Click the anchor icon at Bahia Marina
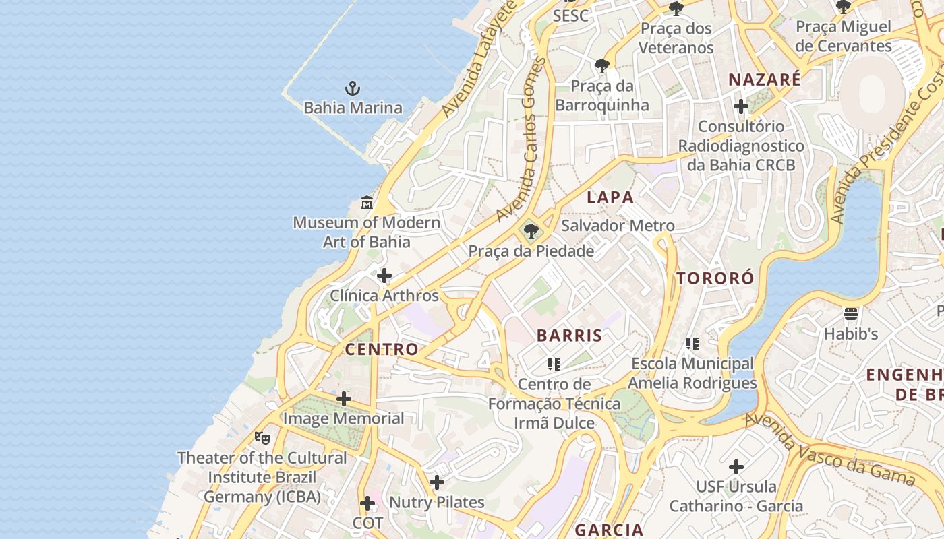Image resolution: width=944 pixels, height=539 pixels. [353, 88]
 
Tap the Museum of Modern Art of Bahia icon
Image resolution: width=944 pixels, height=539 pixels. [367, 202]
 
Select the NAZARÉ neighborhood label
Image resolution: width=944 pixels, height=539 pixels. [765, 80]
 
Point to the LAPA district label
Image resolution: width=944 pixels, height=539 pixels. [610, 197]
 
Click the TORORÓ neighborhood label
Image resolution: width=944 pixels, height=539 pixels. [715, 278]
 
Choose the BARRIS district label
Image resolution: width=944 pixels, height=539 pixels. [570, 336]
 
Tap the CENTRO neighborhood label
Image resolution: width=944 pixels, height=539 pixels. [382, 349]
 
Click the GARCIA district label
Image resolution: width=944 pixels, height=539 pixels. [609, 530]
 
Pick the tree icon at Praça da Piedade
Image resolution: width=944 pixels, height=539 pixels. [531, 232]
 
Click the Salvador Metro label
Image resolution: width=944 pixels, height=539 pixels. [618, 226]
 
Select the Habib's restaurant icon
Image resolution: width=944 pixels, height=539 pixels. [851, 313]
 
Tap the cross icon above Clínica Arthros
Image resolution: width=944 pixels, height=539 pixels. [384, 276]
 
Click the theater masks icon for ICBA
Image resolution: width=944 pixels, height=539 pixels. [262, 437]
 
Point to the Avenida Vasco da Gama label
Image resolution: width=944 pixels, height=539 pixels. [829, 450]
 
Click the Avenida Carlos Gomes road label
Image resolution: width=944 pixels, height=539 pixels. [521, 139]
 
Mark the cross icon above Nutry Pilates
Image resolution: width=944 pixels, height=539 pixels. [437, 482]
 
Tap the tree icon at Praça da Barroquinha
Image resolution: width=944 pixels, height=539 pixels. [602, 66]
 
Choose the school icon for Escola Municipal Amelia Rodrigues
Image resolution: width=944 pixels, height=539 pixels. [692, 344]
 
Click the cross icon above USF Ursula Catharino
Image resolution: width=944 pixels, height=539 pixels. [736, 466]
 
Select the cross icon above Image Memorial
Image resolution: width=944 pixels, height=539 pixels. [344, 399]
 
